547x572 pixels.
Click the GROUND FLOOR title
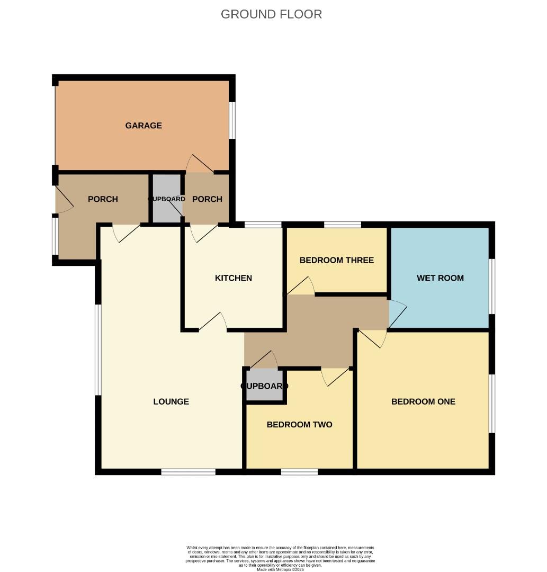click(271, 14)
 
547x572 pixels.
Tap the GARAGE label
click(144, 126)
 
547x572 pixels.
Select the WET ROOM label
click(440, 278)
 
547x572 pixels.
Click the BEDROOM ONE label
click(423, 401)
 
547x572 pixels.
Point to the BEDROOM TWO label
click(299, 424)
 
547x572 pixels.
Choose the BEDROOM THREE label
click(336, 260)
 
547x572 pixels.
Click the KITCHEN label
click(233, 278)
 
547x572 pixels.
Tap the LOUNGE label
click(171, 401)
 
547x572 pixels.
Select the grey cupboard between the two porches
click(167, 199)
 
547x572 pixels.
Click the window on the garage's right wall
click(231, 120)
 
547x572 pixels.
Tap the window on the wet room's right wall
click(491, 287)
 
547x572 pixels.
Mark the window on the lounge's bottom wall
click(188, 471)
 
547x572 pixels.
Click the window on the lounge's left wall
click(98, 350)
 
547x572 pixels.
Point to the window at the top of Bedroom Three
click(342, 225)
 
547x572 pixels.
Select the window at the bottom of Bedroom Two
click(299, 471)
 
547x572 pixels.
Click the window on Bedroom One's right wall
click(491, 404)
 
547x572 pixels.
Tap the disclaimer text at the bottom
click(280, 558)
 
